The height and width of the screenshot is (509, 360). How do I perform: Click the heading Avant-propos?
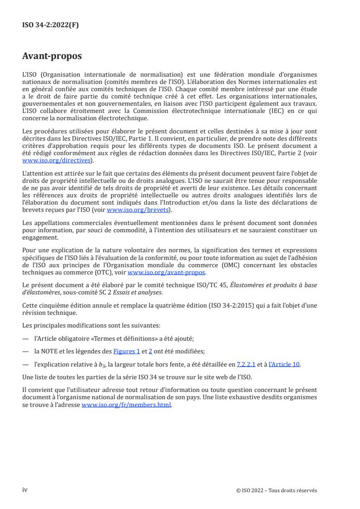52,56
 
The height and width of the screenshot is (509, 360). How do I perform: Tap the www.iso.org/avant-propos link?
167,273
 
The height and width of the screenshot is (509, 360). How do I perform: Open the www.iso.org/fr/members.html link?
126,405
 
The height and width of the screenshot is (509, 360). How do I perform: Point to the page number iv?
25,489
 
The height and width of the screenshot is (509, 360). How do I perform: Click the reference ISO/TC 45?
217,284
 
